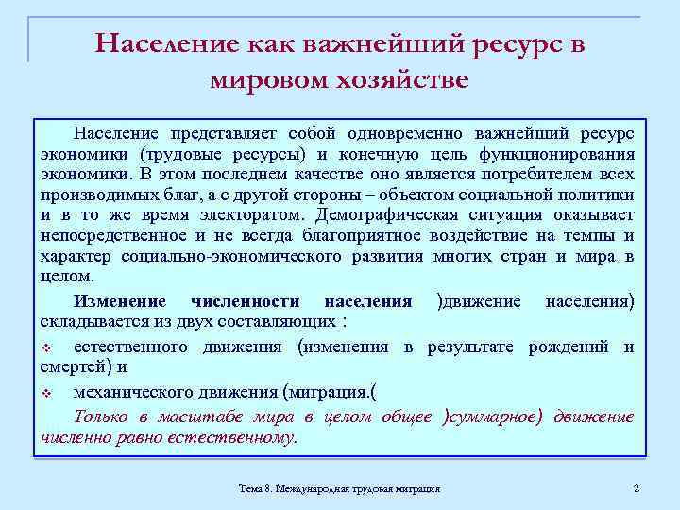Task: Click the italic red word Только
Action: (x=101, y=416)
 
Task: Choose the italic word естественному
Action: (x=240, y=437)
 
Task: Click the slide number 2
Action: (x=637, y=488)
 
